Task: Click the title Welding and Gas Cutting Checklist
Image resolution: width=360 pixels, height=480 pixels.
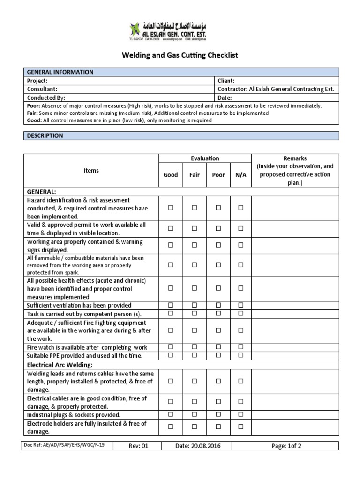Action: click(180, 55)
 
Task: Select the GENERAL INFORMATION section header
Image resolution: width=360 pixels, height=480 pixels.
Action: click(60, 72)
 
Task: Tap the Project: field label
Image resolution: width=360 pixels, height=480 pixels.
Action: click(38, 81)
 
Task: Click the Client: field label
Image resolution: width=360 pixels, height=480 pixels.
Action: click(226, 81)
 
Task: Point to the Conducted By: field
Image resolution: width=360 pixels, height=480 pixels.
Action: click(46, 97)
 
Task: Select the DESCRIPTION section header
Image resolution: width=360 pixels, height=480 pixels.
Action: click(45, 135)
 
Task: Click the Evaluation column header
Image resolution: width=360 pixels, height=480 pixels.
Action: click(205, 158)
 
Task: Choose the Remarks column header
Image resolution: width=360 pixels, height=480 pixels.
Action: click(295, 158)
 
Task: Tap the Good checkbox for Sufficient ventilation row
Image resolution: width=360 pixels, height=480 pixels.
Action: click(171, 305)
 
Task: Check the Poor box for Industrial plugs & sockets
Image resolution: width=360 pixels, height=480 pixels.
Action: click(218, 414)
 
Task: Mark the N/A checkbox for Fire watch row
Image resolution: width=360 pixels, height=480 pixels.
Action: click(240, 347)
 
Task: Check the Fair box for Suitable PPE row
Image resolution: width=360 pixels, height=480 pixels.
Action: click(194, 355)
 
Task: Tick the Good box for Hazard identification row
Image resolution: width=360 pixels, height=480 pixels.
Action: click(171, 208)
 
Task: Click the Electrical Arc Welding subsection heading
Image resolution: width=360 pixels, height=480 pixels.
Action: click(60, 364)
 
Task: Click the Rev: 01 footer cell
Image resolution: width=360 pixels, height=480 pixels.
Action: click(138, 446)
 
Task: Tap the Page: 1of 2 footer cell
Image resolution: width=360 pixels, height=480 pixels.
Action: click(286, 446)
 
